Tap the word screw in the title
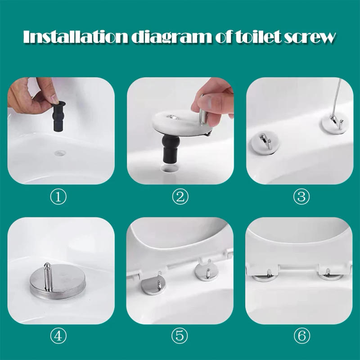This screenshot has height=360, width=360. click(310, 37)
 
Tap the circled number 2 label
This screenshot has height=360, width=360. click(180, 197)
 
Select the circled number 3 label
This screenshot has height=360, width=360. click(299, 197)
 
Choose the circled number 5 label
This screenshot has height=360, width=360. click(180, 335)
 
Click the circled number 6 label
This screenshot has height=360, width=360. click(299, 335)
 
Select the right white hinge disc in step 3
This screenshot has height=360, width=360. click(333, 124)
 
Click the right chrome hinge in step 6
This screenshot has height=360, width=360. click(328, 275)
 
